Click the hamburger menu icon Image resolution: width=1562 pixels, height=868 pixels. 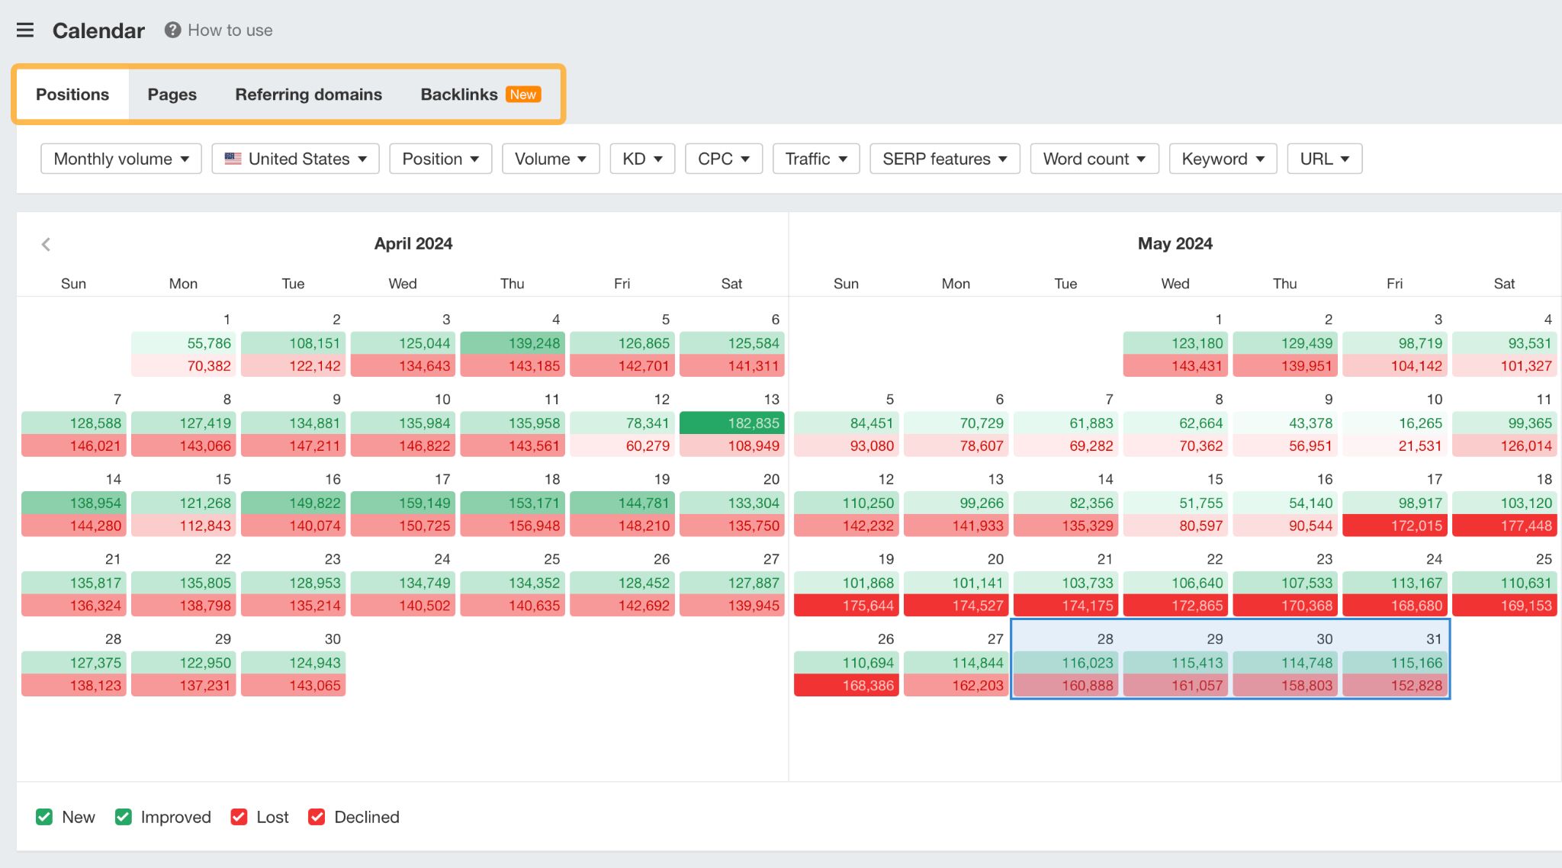click(x=25, y=31)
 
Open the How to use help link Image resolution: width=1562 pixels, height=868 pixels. click(x=219, y=31)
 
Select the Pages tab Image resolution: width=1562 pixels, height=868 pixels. click(x=172, y=95)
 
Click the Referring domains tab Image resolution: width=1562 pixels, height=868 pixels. click(x=308, y=95)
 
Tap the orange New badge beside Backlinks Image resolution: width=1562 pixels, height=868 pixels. click(x=523, y=95)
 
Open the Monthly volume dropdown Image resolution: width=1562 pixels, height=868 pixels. click(x=121, y=159)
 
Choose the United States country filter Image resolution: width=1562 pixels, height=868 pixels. click(x=296, y=159)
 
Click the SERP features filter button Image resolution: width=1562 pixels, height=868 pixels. click(x=944, y=159)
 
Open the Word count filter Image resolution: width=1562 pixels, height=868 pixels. click(x=1094, y=159)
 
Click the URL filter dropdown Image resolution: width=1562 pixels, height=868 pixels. click(x=1324, y=159)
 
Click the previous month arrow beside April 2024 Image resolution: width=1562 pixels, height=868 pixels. click(x=46, y=244)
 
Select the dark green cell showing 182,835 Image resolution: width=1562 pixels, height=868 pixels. click(x=731, y=423)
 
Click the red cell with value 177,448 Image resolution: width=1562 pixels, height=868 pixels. click(x=1504, y=526)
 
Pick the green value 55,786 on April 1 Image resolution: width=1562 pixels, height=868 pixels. click(x=184, y=343)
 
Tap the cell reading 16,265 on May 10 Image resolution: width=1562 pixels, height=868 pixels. click(x=1395, y=423)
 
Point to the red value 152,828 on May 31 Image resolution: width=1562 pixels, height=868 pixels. click(x=1395, y=685)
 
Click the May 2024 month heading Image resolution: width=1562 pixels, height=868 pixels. click(x=1175, y=244)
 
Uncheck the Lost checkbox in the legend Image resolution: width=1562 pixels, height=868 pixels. click(x=239, y=817)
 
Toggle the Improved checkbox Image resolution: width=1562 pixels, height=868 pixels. click(x=123, y=817)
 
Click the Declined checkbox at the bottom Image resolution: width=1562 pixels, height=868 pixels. click(x=317, y=817)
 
